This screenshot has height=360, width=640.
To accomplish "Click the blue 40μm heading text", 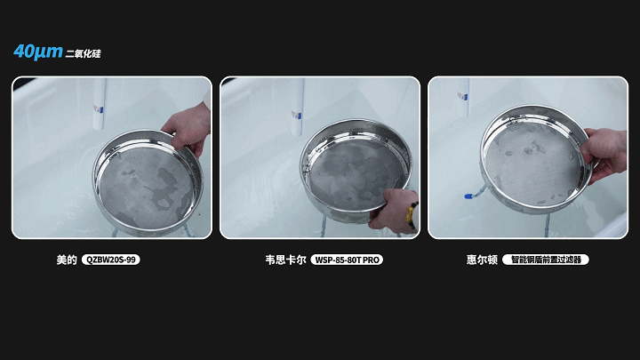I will point(38,52).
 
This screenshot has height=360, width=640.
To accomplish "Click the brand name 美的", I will point(66,260).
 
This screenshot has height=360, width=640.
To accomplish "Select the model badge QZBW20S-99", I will point(111,260).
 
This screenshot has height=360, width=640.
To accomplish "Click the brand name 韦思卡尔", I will point(285,260).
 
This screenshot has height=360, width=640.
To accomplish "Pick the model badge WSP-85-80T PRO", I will point(346,260).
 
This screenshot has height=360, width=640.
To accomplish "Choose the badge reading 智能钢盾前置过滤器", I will point(546,260).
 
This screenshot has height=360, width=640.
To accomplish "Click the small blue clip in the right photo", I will point(463,196).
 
